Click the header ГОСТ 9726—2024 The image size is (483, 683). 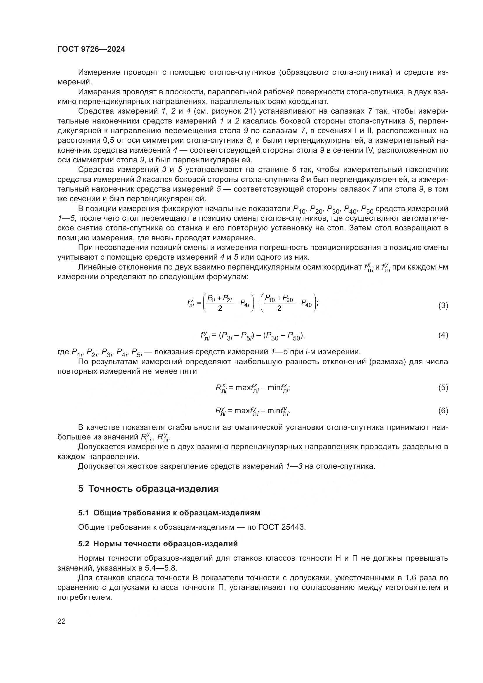point(91,49)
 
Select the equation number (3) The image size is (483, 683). point(443,305)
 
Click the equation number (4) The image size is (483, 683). point(443,335)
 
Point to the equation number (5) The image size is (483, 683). point(443,387)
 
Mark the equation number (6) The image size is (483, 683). point(443,411)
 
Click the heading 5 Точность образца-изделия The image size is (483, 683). point(148,489)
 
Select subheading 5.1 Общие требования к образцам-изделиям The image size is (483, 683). point(169,512)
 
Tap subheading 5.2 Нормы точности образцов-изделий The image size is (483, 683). point(158,543)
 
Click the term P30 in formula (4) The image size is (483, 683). point(272,336)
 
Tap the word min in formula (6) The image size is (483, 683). point(274,411)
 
